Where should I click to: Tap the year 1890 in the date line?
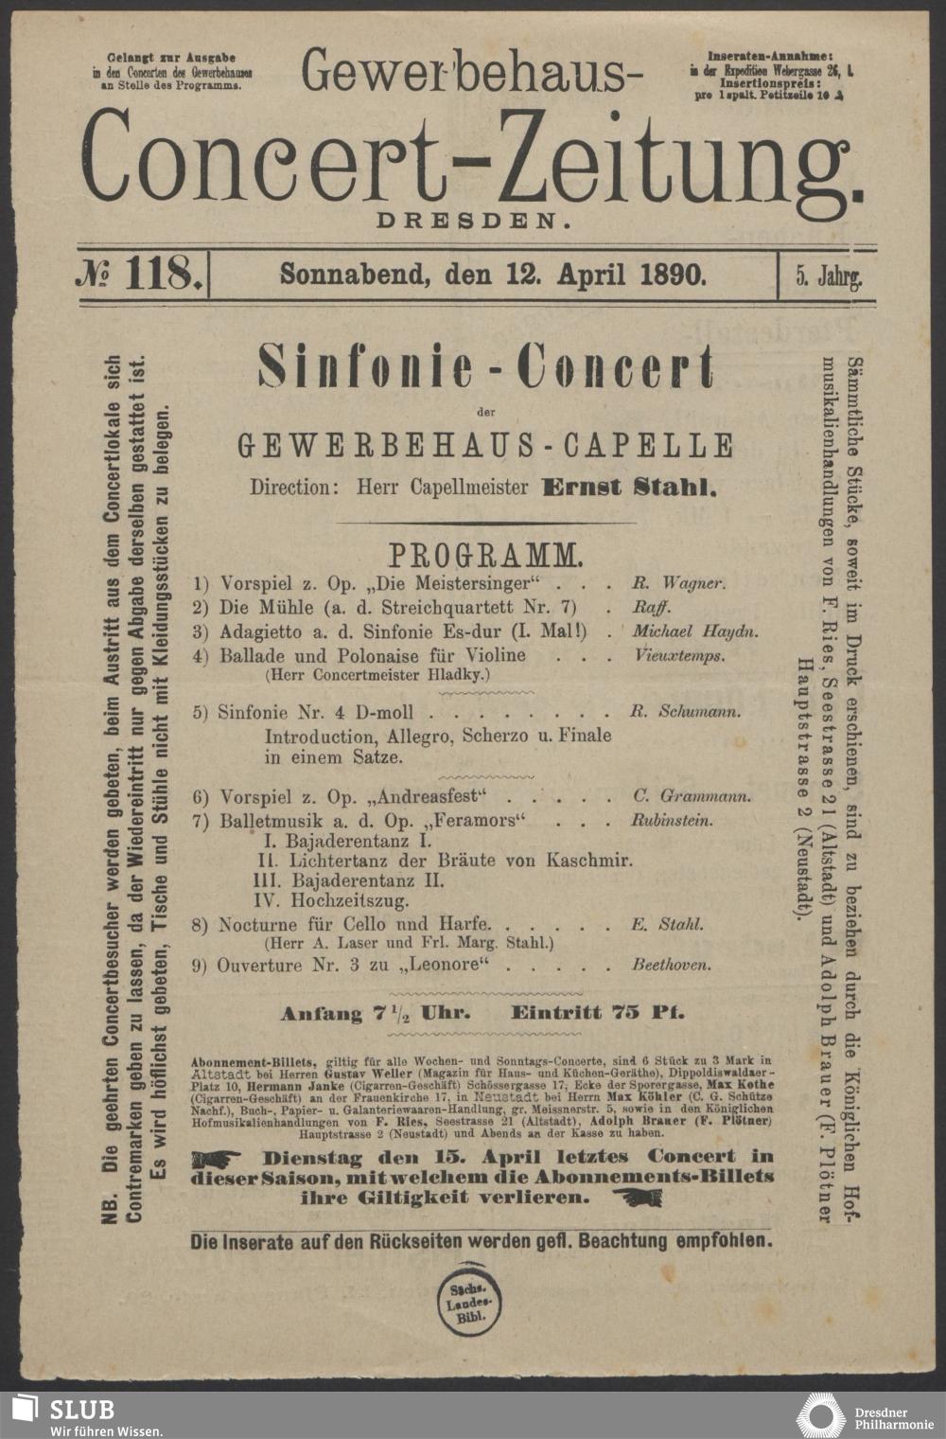coord(673,275)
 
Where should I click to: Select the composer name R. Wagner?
coord(678,584)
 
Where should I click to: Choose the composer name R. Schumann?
coord(686,712)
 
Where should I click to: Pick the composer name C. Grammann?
coord(692,796)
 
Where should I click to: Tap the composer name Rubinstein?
coord(672,821)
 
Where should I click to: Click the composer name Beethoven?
coord(672,966)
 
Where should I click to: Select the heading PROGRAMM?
coord(485,554)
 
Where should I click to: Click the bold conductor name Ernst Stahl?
coord(629,489)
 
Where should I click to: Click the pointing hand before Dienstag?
coord(222,1158)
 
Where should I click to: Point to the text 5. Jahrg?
coord(828,276)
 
